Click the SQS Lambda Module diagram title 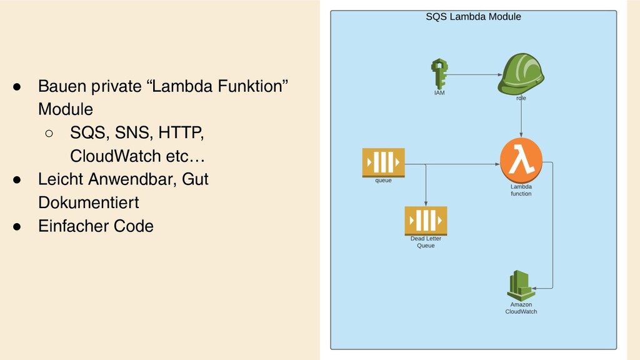[473, 17]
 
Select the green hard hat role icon [521, 74]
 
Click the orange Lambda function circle [521, 160]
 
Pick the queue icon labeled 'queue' [383, 162]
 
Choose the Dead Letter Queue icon [426, 219]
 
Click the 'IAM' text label [440, 93]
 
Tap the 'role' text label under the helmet [521, 98]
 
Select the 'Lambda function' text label [521, 190]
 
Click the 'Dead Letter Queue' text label [426, 242]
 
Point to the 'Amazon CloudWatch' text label [521, 308]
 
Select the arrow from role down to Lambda [521, 119]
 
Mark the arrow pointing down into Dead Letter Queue [426, 187]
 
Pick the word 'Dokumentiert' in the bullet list [88, 202]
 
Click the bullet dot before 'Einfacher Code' [19, 226]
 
